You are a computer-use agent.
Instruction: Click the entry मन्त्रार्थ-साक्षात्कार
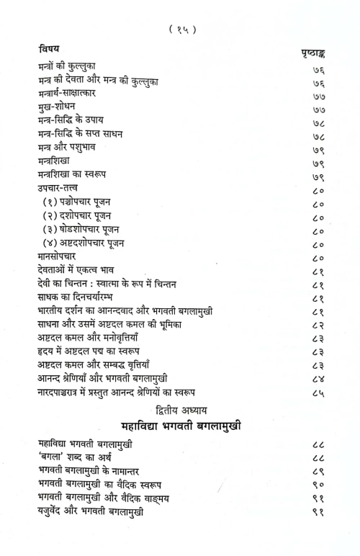(73, 94)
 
